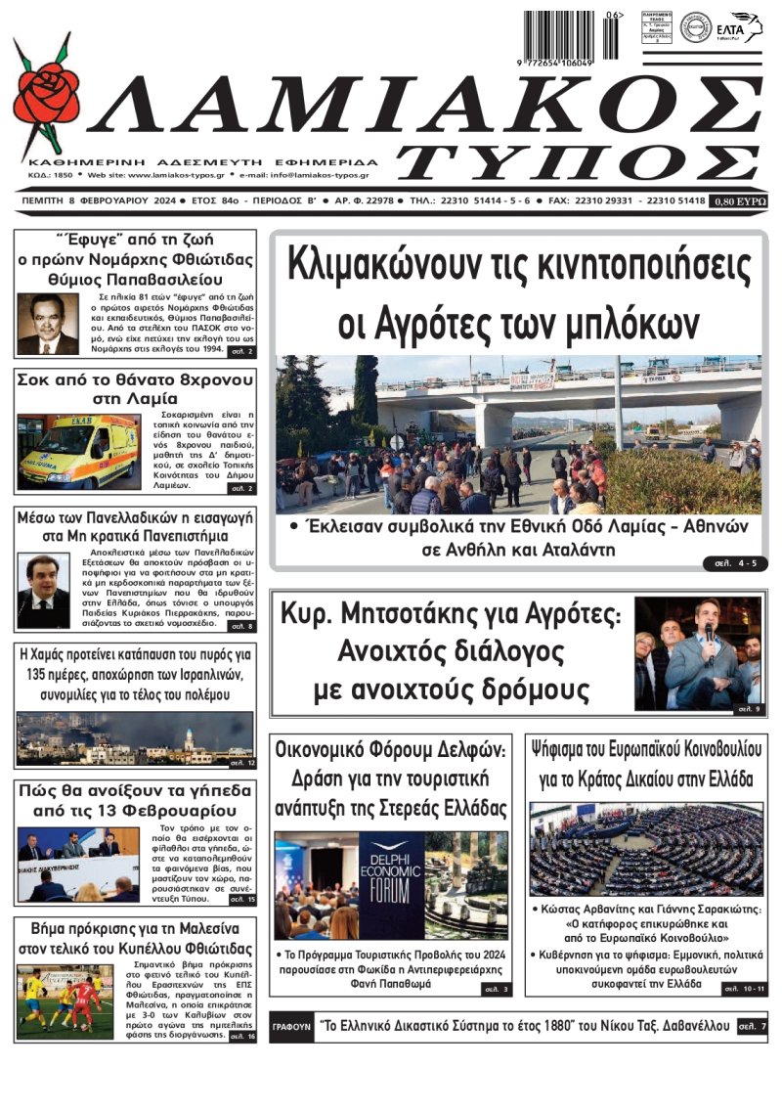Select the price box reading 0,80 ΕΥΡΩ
740,200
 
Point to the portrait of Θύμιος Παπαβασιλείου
48,324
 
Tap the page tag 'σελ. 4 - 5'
729,562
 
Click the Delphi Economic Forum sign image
391,884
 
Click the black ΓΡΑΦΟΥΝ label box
290,1028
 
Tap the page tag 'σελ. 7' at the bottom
751,1027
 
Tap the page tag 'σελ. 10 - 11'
744,990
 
